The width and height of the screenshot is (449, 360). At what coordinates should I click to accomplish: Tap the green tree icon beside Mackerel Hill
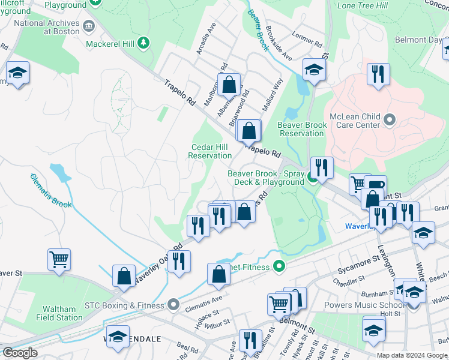point(143,43)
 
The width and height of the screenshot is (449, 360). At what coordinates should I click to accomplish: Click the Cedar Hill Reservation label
point(210,151)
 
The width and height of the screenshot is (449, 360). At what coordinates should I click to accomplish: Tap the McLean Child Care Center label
point(355,121)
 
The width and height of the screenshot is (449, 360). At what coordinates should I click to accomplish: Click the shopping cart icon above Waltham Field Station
point(59,259)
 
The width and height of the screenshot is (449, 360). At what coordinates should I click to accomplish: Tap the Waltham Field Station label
point(59,313)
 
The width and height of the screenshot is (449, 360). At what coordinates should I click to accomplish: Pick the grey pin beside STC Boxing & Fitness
point(173,305)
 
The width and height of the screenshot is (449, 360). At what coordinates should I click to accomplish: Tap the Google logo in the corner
point(20,353)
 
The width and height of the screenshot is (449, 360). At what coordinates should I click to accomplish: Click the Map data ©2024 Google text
point(412,355)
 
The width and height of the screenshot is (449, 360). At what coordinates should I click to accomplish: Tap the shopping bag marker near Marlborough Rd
point(229,84)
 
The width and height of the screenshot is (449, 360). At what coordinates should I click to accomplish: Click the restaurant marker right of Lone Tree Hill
point(378,74)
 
